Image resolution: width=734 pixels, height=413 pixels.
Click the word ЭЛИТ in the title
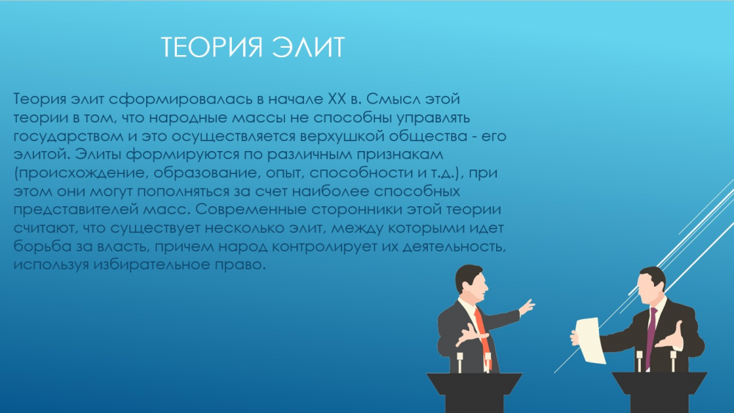click(309, 47)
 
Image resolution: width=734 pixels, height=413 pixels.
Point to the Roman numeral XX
click(337, 99)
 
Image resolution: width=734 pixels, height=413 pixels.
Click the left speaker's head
click(471, 282)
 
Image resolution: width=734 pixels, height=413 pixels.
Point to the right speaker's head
click(651, 285)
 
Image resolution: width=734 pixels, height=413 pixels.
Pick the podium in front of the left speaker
click(474, 392)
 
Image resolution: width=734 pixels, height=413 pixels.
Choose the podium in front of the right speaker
click(660, 392)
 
